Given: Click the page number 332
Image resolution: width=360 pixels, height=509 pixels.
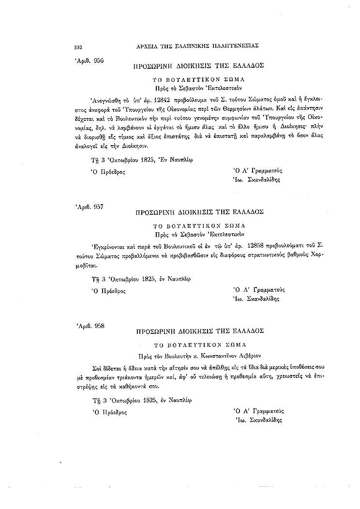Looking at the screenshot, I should tap(76, 47).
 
